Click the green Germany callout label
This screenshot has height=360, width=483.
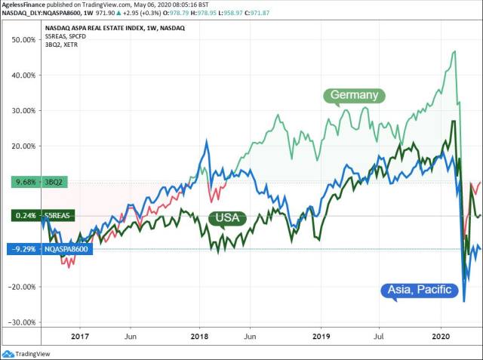click(354, 95)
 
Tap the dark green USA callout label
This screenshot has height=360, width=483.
click(228, 218)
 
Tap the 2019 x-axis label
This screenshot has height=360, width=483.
click(321, 337)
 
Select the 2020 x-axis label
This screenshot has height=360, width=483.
click(442, 337)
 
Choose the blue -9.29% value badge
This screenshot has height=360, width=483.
click(20, 248)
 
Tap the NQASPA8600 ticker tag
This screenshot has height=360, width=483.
click(66, 248)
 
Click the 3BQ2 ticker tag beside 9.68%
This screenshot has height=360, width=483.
click(54, 182)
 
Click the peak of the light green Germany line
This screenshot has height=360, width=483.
click(454, 51)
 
